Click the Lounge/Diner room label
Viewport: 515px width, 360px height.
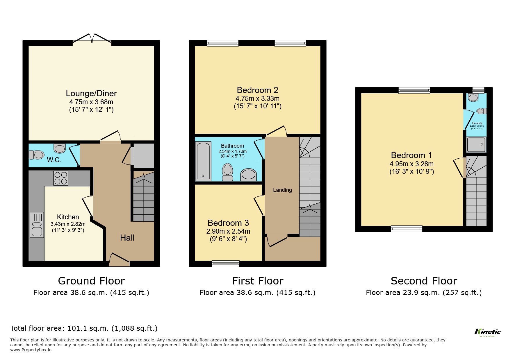click(x=91, y=93)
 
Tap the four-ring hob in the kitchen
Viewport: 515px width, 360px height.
click(x=60, y=178)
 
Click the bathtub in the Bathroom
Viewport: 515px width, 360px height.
click(x=203, y=161)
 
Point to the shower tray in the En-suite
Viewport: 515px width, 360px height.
click(x=476, y=144)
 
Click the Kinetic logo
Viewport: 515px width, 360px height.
click(x=487, y=332)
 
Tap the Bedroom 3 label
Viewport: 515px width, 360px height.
click(x=228, y=223)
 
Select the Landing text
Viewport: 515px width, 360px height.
click(x=282, y=190)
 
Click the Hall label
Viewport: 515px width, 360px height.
click(x=127, y=238)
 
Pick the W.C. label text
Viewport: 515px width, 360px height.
click(x=54, y=160)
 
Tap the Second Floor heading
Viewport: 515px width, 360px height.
click(x=424, y=281)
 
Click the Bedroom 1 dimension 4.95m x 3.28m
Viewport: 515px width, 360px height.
click(x=411, y=164)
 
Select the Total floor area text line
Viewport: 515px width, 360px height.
click(x=84, y=328)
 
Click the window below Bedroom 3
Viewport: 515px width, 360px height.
click(x=226, y=264)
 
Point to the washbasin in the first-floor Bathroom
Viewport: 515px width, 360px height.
click(x=248, y=175)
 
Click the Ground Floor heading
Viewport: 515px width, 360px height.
click(x=91, y=281)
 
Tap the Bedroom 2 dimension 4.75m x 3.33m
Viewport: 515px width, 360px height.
click(x=257, y=98)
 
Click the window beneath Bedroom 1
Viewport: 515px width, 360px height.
click(x=407, y=229)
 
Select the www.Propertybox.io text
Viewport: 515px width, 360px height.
click(x=31, y=350)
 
